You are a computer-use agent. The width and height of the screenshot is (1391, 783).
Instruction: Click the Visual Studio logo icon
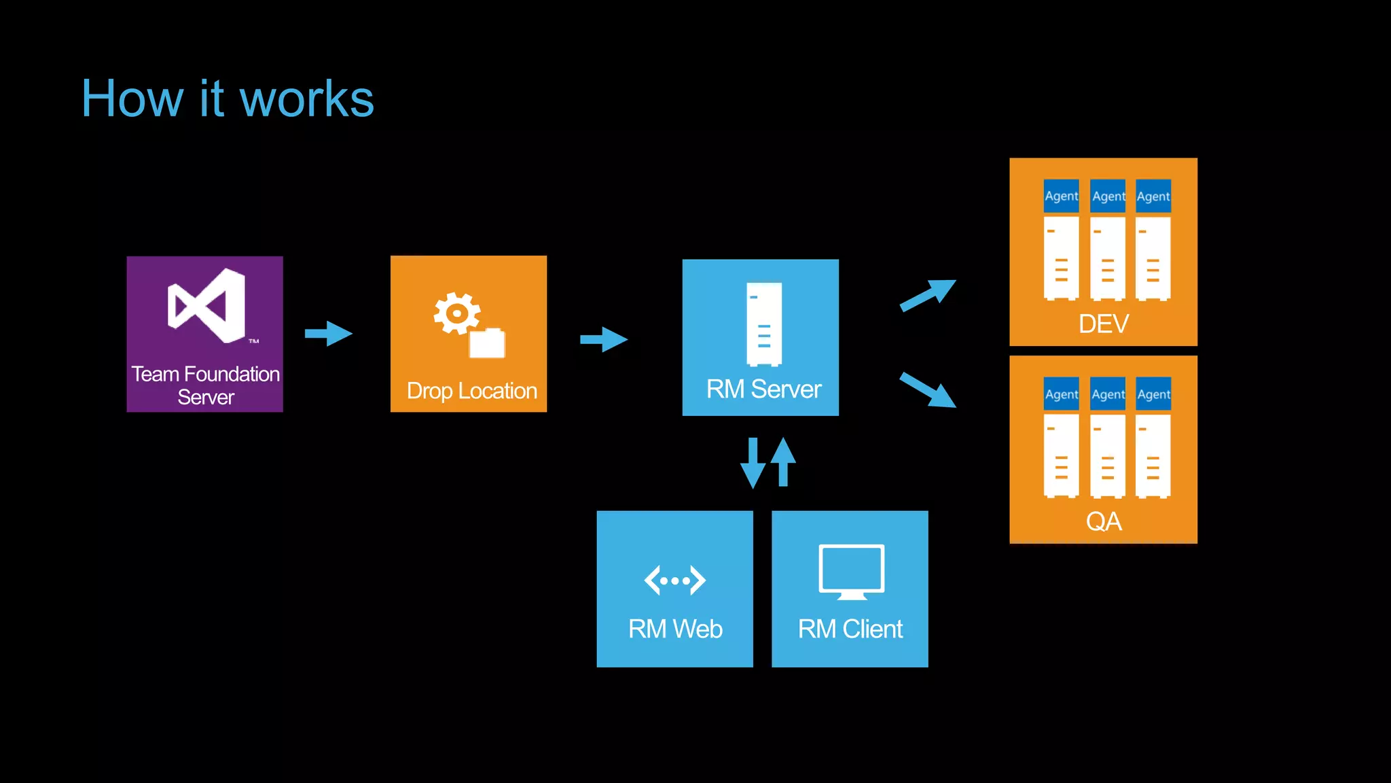[206, 306]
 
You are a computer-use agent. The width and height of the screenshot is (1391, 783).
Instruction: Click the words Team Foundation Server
[205, 385]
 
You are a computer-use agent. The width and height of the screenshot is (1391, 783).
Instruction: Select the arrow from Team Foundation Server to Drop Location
[328, 334]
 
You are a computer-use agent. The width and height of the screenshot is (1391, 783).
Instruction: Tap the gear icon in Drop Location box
[456, 313]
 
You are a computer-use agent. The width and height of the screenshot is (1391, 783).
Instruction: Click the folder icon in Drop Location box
[487, 343]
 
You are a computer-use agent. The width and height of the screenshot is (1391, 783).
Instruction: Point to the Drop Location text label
[471, 391]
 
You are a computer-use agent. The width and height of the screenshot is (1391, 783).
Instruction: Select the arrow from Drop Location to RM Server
[603, 339]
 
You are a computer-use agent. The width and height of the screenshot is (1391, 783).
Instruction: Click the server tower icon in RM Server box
[763, 324]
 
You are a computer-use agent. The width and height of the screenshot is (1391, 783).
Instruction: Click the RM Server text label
[763, 389]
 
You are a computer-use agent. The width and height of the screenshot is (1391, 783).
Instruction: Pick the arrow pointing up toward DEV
[928, 295]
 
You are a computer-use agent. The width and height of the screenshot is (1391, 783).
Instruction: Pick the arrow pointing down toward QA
[928, 390]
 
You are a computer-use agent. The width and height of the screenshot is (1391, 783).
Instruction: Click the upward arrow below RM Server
[783, 462]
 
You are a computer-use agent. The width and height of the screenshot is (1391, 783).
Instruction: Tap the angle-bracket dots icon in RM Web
[674, 580]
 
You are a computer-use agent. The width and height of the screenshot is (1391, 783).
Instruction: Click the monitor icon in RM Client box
[851, 572]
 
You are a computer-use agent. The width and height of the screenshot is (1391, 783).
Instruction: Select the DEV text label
[1104, 324]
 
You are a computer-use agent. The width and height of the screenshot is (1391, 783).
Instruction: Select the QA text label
[1104, 521]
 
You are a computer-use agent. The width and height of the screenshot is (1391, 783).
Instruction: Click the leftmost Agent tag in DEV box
[1061, 196]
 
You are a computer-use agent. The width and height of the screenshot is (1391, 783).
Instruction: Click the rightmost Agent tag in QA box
[1153, 394]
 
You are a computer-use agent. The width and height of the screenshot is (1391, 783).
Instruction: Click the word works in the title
[307, 99]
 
